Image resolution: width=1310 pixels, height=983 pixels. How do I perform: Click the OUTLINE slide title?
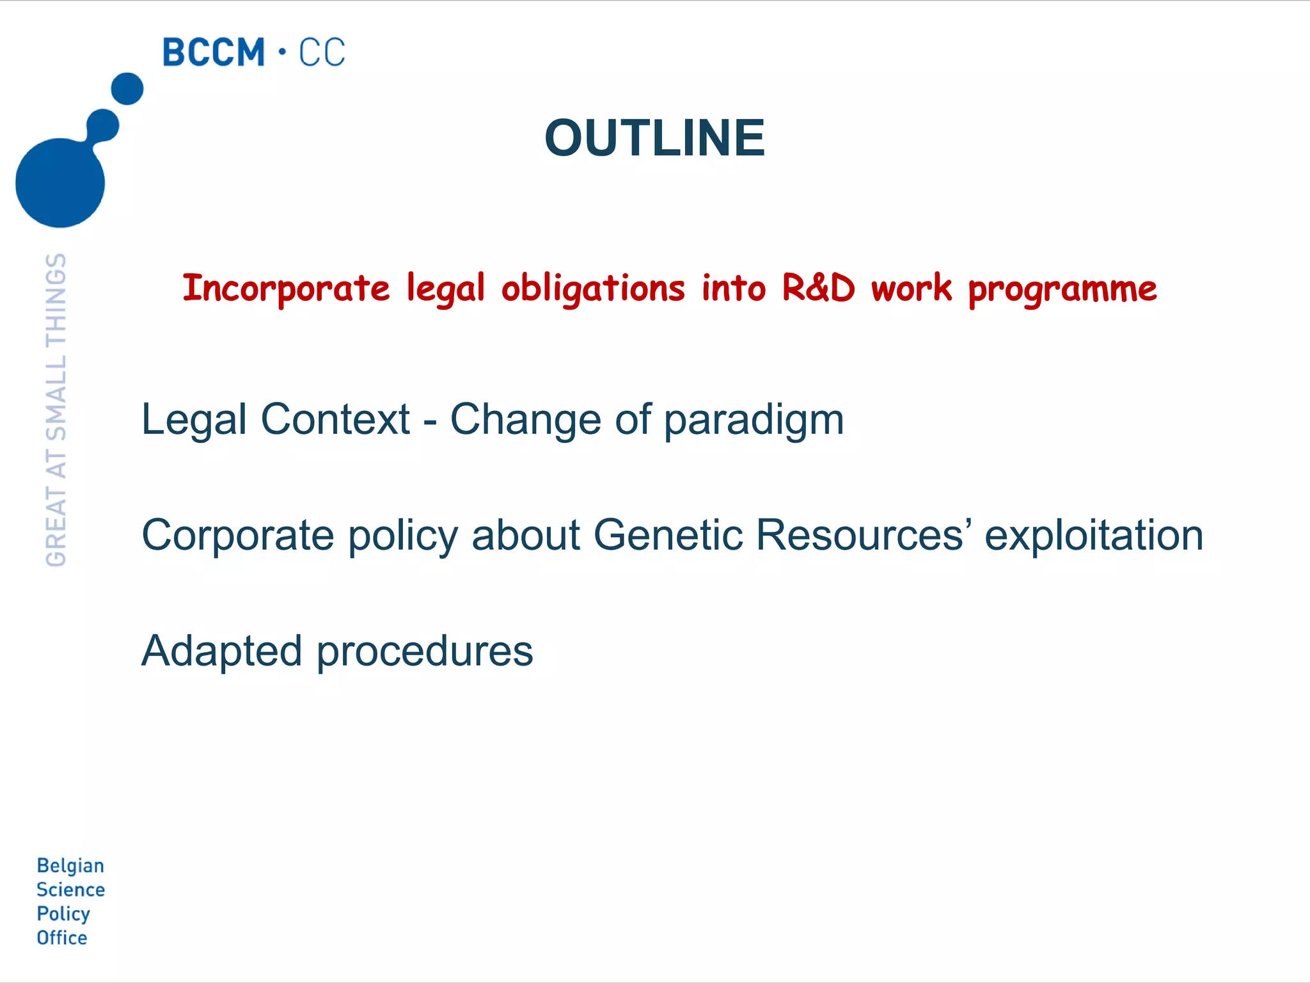click(654, 138)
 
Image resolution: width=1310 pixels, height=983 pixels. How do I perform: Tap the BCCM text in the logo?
click(213, 52)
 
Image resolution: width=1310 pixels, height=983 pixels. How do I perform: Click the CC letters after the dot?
click(322, 52)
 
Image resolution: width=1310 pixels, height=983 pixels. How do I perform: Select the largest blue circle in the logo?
click(60, 182)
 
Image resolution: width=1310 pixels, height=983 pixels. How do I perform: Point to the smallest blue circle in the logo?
click(127, 88)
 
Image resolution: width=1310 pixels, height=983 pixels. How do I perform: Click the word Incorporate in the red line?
click(286, 289)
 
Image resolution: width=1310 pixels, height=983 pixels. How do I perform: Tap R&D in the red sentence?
click(818, 288)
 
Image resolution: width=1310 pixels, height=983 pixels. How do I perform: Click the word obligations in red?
click(593, 289)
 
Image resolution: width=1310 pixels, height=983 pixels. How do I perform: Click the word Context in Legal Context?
click(335, 420)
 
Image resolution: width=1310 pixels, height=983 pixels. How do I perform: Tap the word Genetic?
click(667, 535)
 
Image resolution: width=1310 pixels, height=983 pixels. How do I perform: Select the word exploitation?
click(1094, 535)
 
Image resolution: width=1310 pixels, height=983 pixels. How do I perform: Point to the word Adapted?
click(221, 651)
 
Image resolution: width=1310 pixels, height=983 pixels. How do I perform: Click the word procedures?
click(425, 651)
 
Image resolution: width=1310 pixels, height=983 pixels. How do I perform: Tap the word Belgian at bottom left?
click(70, 866)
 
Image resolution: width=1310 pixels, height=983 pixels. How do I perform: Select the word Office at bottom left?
click(62, 938)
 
